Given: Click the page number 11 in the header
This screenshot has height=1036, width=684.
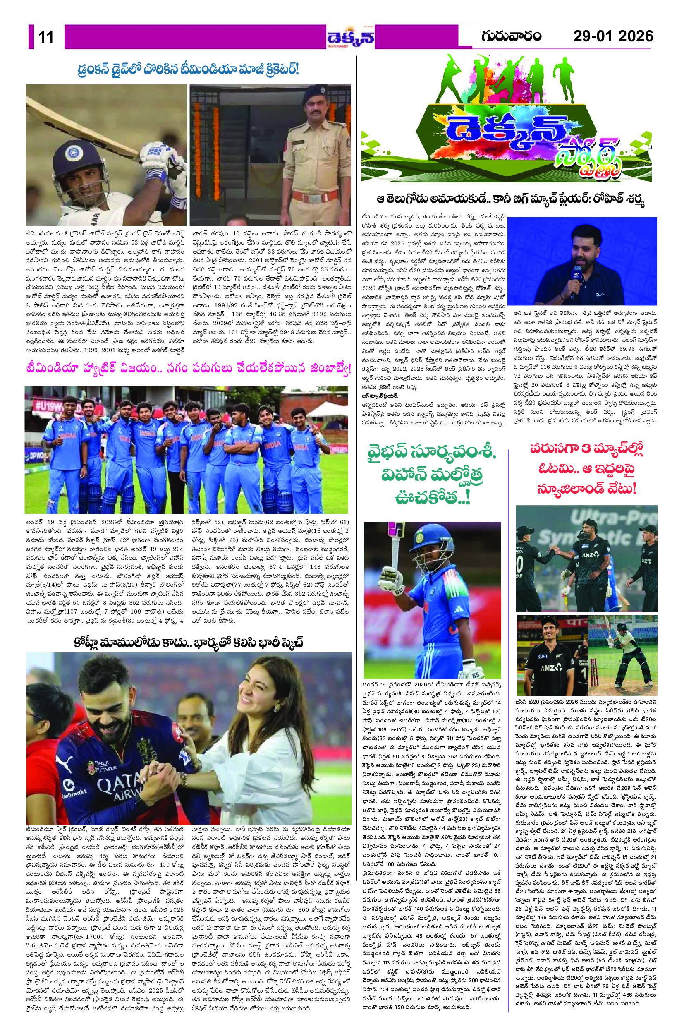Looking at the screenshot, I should tap(46, 37).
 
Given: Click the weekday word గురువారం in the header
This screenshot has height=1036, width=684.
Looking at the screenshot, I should tap(511, 35).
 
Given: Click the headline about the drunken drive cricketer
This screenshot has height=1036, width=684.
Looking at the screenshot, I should tap(189, 70).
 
